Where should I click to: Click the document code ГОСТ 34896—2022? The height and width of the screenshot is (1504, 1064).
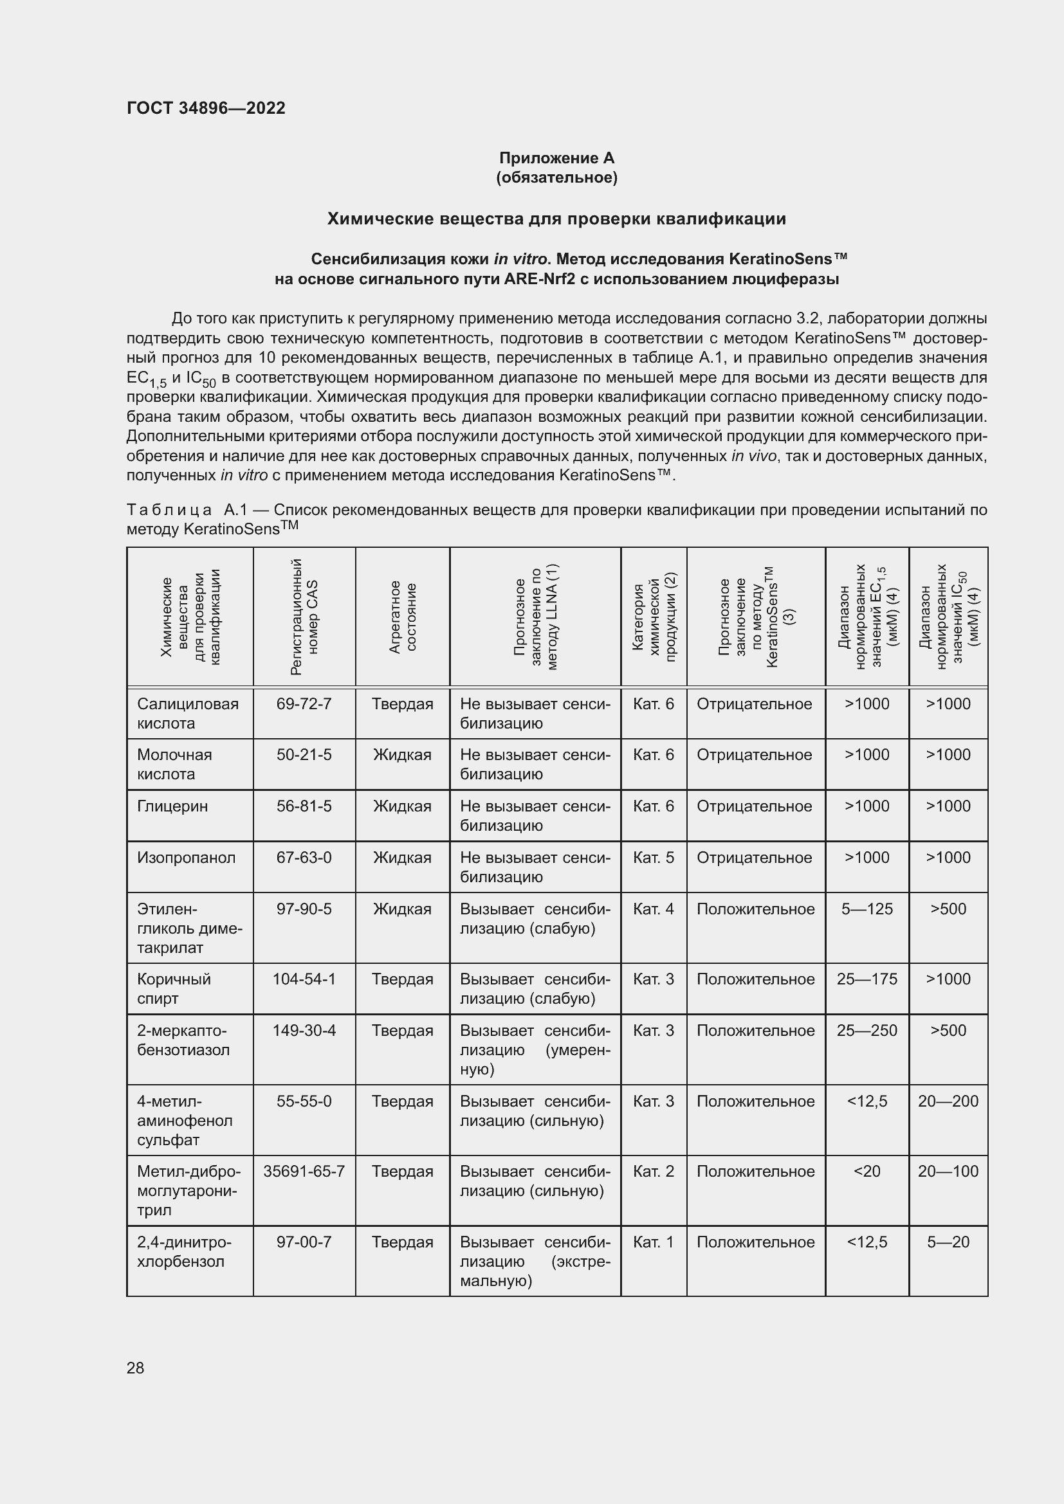click(206, 108)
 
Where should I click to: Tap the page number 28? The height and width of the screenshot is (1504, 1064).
click(136, 1368)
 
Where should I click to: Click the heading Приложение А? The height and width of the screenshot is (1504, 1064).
click(556, 158)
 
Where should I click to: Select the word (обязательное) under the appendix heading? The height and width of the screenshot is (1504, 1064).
click(556, 177)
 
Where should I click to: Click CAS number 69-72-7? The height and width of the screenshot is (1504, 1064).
click(304, 704)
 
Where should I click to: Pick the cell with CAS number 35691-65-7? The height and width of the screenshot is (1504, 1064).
click(304, 1171)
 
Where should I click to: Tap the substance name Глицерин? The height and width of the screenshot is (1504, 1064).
click(172, 806)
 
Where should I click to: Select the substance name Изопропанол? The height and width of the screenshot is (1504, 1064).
click(186, 858)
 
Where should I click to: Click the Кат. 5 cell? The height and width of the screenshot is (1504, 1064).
click(653, 858)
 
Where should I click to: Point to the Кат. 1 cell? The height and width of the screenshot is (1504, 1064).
click(653, 1242)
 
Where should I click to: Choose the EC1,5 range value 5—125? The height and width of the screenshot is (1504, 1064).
click(867, 909)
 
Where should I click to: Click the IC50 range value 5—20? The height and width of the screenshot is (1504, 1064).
click(948, 1242)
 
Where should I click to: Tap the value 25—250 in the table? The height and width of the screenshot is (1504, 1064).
click(867, 1030)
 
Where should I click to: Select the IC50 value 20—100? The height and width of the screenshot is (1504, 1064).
click(948, 1171)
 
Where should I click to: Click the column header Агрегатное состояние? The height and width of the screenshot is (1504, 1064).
click(402, 617)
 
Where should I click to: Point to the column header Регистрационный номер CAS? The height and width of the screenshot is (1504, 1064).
click(304, 617)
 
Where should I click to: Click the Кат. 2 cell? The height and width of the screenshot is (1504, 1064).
click(653, 1171)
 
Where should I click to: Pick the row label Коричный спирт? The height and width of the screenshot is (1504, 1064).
click(174, 989)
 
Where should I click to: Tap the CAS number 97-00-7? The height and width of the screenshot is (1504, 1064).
click(304, 1242)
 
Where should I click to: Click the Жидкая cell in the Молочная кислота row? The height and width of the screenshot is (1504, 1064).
click(402, 756)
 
